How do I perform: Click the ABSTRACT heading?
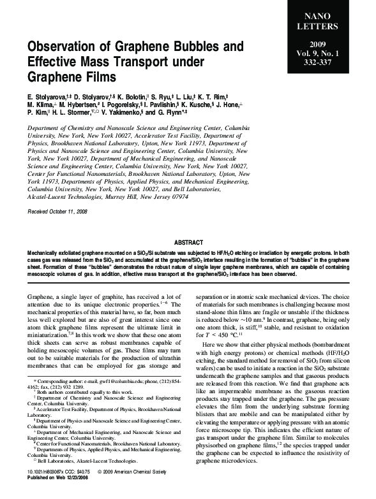point(188,242)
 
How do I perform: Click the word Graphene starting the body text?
point(44,298)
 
